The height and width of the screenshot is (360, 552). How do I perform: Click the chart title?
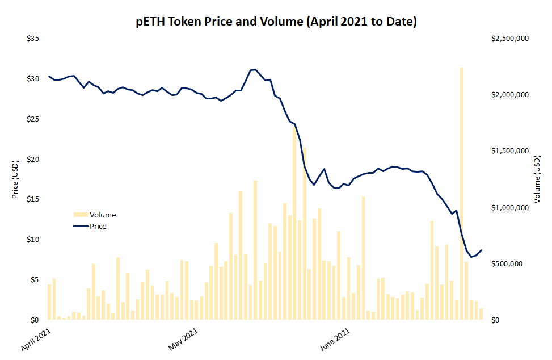pos(276,22)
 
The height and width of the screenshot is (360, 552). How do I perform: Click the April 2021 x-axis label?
pos(36,338)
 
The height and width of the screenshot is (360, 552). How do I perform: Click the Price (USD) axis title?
pos(15,179)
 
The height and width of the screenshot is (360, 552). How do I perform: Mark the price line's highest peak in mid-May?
pos(254,70)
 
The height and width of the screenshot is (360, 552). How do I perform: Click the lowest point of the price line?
pos(471,257)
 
